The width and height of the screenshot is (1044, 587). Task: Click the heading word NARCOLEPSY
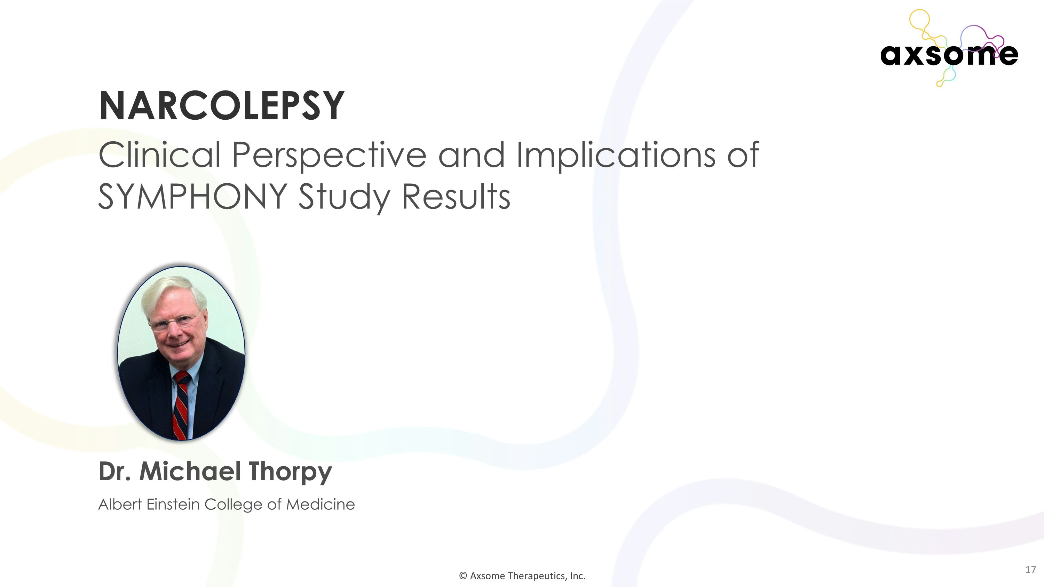point(221,106)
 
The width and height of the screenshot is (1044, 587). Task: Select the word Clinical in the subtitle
point(159,155)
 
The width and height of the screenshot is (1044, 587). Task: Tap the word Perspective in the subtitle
point(329,155)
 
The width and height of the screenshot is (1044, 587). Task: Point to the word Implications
point(615,155)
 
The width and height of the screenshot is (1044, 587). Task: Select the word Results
point(456,197)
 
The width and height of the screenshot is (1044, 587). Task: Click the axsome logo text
point(949,55)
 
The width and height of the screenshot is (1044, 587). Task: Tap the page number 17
point(1030,570)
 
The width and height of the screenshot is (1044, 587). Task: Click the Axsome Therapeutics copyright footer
point(522,576)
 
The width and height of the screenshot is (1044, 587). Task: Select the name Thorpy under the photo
point(290,471)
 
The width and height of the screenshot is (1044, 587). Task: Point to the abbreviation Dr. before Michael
point(115,471)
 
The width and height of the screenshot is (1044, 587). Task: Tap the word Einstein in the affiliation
point(173,504)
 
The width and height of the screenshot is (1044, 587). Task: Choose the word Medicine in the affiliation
point(320,504)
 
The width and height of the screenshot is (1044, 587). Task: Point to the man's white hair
point(174,289)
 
